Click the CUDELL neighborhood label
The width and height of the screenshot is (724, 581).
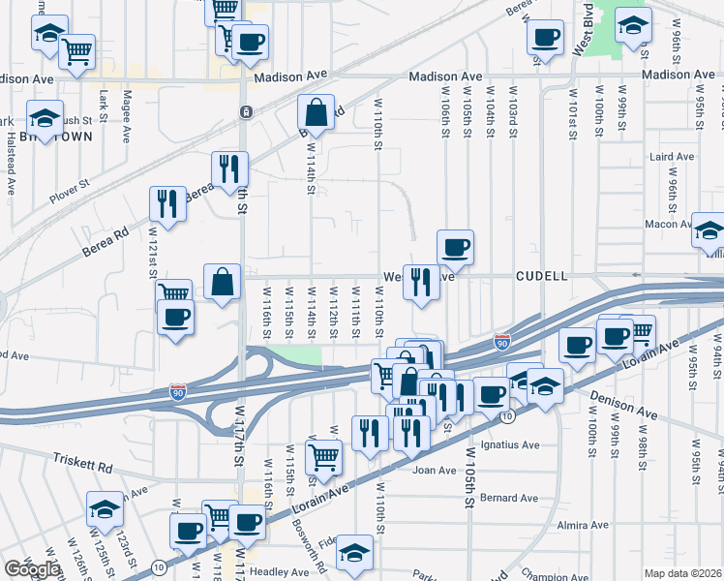(541, 276)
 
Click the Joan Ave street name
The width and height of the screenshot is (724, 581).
(434, 471)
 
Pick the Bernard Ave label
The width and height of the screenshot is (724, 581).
(508, 498)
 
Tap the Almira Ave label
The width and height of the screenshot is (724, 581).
(584, 525)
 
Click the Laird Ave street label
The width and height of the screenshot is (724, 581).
(673, 157)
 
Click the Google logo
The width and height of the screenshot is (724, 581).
(32, 569)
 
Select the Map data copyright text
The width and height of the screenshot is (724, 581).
(682, 573)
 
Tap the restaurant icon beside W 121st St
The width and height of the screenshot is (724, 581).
(167, 203)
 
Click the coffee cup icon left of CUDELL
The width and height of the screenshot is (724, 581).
(455, 247)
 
